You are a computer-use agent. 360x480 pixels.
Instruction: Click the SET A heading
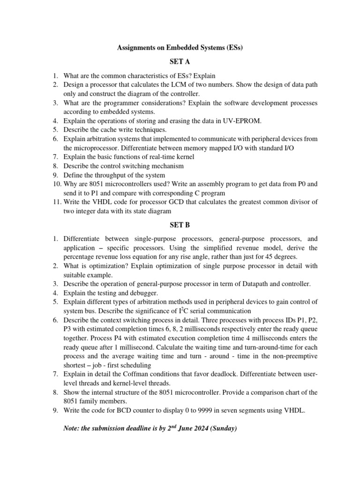180,61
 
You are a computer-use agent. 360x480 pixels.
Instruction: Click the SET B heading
180,225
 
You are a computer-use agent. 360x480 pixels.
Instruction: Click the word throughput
111,175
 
